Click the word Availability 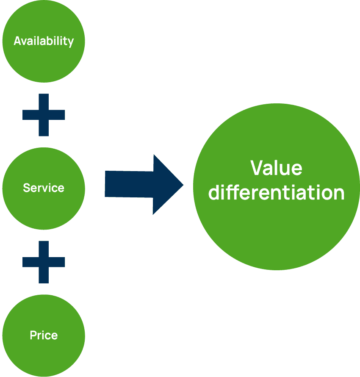click(44, 41)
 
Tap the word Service click(44, 188)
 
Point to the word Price click(44, 335)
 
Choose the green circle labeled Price click(44, 356)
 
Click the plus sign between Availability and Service click(44, 115)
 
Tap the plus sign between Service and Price click(44, 262)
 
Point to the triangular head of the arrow click(167, 185)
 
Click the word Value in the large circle click(276, 168)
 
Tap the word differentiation click(277, 192)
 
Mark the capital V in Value click(258, 168)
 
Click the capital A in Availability click(18, 41)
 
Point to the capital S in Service click(26, 188)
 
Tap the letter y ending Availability click(71, 42)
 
